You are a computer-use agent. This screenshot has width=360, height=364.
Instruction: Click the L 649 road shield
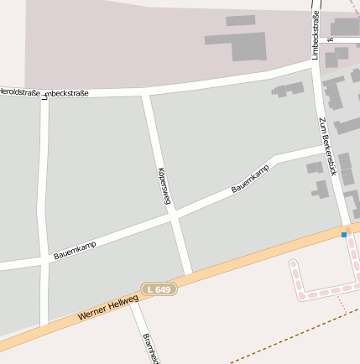(159, 289)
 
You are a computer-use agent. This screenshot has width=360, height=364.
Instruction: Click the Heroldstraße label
(18, 91)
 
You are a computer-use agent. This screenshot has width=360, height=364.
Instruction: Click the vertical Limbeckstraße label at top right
(316, 35)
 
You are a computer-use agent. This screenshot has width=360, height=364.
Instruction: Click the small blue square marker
(343, 235)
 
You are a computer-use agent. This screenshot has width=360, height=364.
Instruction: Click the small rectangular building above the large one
(241, 20)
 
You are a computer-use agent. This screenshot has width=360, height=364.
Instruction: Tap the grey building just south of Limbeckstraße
(288, 89)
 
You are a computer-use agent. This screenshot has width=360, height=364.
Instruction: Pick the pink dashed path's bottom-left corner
(300, 294)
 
